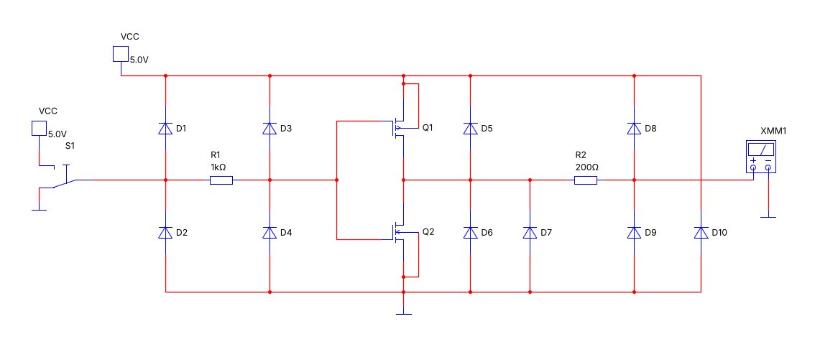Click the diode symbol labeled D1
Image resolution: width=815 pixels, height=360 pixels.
165,128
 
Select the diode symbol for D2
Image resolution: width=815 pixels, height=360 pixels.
165,232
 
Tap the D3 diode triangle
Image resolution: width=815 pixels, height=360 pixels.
270,128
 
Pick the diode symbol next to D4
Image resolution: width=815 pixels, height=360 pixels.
270,232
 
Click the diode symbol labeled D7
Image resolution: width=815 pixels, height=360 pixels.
530,232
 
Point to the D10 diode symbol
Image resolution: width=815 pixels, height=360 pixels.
701,232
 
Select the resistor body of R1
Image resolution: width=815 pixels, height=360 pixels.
221,180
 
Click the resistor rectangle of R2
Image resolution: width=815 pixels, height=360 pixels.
586,180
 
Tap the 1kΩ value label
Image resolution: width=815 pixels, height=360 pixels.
218,167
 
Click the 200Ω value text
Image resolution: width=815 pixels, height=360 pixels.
587,167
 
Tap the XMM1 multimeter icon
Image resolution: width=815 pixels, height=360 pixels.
760,157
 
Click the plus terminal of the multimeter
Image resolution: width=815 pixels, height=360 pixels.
753,167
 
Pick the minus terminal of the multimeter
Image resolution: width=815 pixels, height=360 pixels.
768,167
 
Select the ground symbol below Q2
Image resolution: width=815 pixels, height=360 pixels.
402,314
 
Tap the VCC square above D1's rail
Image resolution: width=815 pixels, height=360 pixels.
121,54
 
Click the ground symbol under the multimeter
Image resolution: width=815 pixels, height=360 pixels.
768,216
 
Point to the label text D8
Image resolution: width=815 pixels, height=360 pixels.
650,129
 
